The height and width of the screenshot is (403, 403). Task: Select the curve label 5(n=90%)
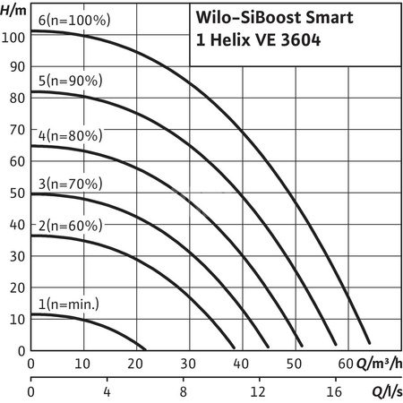point(63,80)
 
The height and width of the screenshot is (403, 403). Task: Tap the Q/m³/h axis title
point(375,364)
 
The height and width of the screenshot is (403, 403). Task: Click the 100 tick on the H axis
point(13,38)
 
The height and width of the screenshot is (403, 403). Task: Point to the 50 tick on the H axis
point(16,193)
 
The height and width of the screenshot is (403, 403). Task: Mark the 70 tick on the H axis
point(16,132)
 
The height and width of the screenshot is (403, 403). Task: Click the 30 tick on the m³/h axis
point(188,364)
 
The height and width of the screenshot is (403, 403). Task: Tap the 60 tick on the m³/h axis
point(346,364)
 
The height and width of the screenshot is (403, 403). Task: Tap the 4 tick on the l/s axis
point(107,391)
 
